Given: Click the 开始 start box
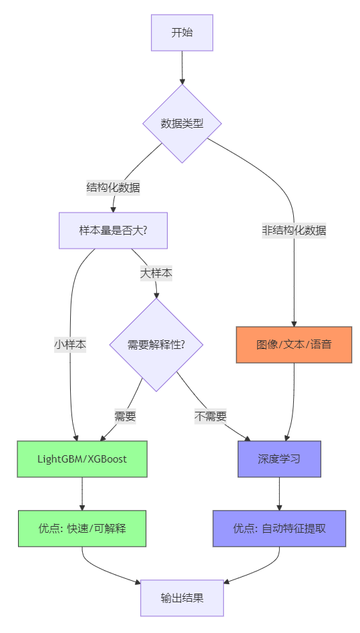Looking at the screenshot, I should point(182,32).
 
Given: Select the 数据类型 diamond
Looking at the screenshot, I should point(182,123).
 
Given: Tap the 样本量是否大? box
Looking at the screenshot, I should point(113,231).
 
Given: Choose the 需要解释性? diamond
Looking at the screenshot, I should point(156,345).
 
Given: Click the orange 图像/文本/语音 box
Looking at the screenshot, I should point(294,345).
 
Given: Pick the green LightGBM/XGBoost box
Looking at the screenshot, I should point(82,459).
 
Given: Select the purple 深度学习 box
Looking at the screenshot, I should point(279,459).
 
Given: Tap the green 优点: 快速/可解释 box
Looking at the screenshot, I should point(82,528).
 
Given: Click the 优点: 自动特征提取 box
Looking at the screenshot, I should point(279,528).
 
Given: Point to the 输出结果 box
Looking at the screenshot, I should point(182,598).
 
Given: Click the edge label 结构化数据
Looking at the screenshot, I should point(113,187).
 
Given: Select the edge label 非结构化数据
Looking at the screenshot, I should point(294,231).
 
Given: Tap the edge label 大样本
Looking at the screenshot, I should point(156,273).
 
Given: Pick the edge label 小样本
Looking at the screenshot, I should point(70,345).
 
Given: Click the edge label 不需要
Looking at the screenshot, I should point(210,416).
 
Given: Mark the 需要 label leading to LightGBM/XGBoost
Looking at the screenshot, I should point(125,416).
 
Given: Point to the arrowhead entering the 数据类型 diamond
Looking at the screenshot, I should point(182,80).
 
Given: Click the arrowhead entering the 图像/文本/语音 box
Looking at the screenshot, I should point(294,323).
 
